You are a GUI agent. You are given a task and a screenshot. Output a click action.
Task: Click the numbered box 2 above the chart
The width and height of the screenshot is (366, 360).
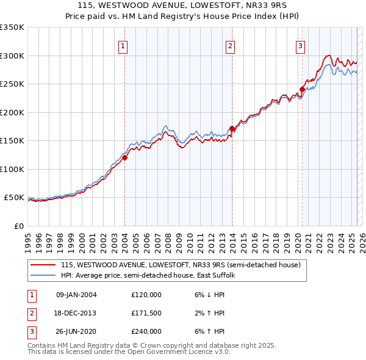(231, 45)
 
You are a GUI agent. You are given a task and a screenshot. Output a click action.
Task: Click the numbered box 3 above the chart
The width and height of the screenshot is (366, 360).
(301, 45)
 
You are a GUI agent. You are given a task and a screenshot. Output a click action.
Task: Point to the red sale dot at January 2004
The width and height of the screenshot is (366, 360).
(124, 157)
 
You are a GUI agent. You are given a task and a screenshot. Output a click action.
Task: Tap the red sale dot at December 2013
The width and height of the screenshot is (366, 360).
(232, 128)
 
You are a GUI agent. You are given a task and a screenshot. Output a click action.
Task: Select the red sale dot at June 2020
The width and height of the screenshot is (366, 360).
(302, 90)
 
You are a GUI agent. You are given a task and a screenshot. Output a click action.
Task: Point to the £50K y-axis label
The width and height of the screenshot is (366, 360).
(15, 198)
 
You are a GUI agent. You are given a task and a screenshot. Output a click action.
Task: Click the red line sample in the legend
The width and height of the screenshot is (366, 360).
(43, 265)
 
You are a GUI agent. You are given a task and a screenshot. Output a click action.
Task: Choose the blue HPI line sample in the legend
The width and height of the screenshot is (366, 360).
(43, 276)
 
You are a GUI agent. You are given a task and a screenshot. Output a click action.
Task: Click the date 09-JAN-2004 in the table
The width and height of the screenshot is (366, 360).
(76, 295)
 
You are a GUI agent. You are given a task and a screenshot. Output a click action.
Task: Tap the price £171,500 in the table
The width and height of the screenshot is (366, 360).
(146, 313)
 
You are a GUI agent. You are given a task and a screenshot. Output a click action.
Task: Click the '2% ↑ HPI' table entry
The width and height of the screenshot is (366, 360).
(212, 313)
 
